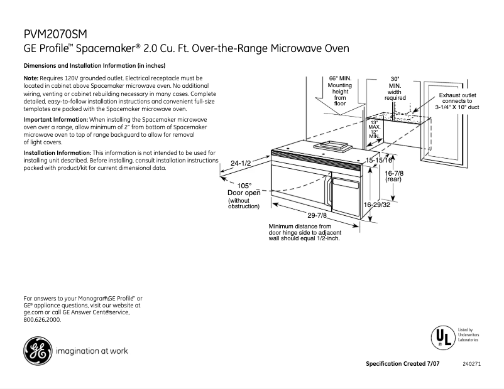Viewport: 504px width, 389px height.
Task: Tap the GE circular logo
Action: pyautogui.click(x=37, y=351)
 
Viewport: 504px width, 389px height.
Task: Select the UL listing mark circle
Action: pyautogui.click(x=442, y=337)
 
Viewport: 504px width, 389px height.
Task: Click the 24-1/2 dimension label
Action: pyautogui.click(x=241, y=163)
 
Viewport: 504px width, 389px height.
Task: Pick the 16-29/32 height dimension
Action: pyautogui.click(x=377, y=205)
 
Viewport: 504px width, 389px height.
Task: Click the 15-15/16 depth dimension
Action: pyautogui.click(x=380, y=161)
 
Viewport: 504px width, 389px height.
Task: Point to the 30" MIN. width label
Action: pyautogui.click(x=395, y=88)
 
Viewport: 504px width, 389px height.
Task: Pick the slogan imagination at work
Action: pyautogui.click(x=92, y=351)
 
